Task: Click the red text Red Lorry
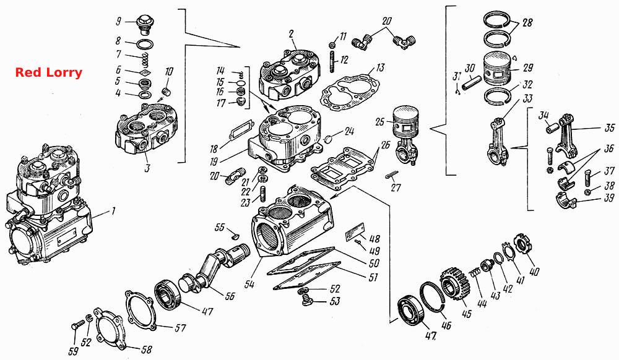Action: tap(48, 72)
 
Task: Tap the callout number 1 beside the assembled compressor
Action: tap(113, 212)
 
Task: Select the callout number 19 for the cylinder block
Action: tap(214, 161)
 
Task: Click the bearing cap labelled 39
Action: tap(566, 199)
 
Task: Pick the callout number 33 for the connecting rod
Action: tap(527, 98)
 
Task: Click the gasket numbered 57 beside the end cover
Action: tap(140, 310)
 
